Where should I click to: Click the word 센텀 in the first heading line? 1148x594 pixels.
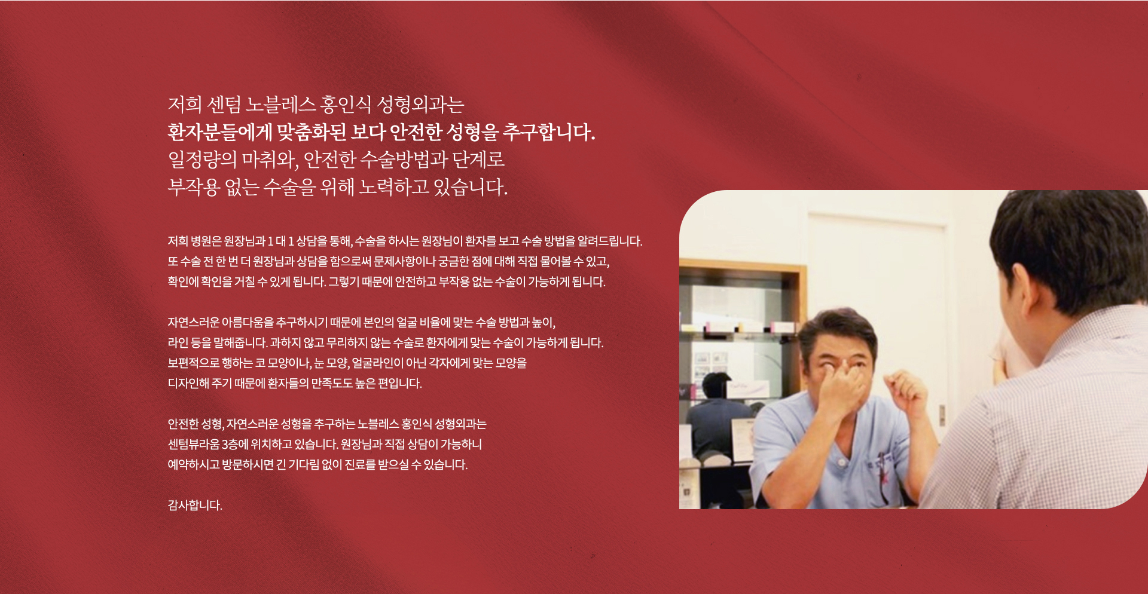224,105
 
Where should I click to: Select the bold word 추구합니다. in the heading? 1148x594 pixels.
549,132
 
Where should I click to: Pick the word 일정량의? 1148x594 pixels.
202,160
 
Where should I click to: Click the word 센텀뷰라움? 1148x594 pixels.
194,445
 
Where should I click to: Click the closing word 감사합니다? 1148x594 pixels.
195,506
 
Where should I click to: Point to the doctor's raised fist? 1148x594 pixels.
905,391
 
